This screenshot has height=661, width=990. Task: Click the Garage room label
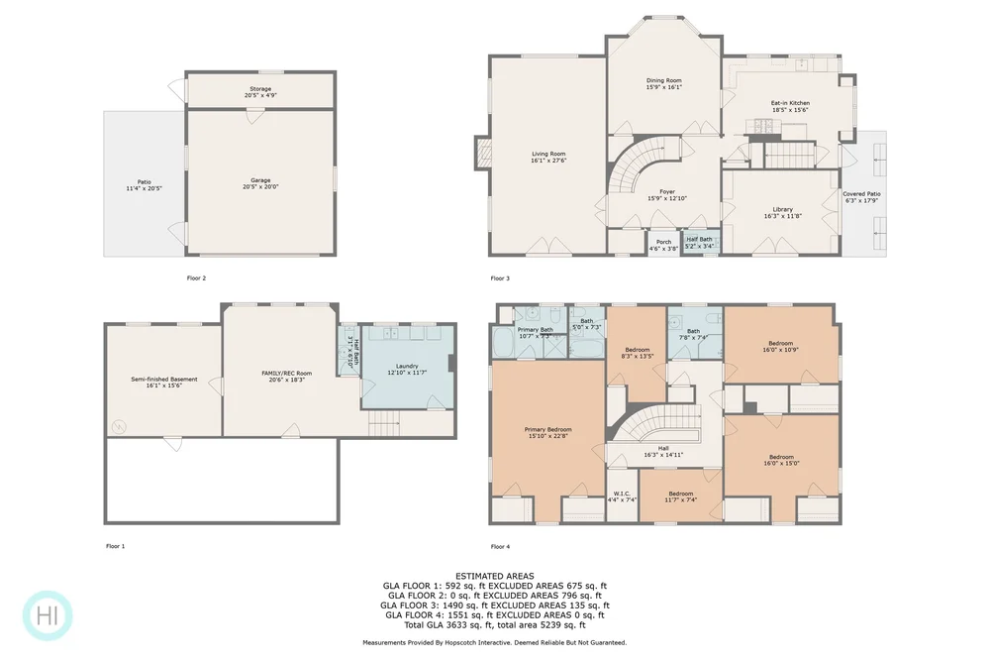tap(260, 183)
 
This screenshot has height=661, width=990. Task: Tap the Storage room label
tap(260, 92)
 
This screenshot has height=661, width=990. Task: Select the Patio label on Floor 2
tap(145, 184)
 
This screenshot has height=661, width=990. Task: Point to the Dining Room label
tap(664, 83)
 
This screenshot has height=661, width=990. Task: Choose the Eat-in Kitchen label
tap(790, 106)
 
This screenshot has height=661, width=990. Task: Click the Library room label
tap(782, 212)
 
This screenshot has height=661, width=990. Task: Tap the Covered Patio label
tap(861, 197)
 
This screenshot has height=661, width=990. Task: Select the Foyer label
tap(667, 195)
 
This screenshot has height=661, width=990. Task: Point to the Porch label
tap(663, 245)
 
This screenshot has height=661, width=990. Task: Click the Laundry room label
tap(407, 369)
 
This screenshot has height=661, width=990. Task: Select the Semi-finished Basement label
tap(164, 383)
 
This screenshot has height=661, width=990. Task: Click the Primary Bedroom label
tap(547, 432)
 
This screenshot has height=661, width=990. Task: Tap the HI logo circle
tap(47, 614)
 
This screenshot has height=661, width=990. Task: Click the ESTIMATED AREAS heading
tap(495, 576)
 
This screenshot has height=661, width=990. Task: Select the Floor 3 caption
tap(500, 278)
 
